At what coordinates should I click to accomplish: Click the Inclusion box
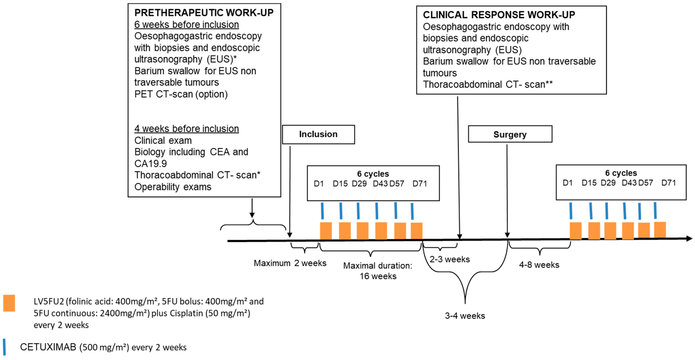coord(318,134)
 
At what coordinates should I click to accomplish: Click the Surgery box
coord(510,134)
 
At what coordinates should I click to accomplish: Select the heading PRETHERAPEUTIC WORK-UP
coord(204,13)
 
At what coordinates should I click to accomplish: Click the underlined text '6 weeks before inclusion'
coord(186,25)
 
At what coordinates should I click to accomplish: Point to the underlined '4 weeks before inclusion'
coord(186,129)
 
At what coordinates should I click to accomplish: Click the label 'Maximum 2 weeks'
coord(290,263)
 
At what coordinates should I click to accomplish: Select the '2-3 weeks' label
coord(449,259)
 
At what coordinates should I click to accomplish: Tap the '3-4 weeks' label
coord(465,315)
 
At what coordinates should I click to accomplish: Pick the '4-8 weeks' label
coord(539,265)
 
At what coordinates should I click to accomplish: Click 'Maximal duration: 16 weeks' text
coord(378,271)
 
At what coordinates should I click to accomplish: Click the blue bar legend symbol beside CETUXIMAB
coord(4,347)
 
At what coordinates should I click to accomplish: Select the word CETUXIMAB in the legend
coord(48,347)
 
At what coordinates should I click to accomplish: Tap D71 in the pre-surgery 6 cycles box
coord(420,184)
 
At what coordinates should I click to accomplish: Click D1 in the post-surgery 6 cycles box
coord(567,183)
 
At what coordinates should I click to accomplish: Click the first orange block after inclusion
coord(326,230)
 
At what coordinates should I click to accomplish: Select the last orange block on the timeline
coord(660,230)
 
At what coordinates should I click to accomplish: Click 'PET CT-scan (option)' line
coord(181,94)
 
